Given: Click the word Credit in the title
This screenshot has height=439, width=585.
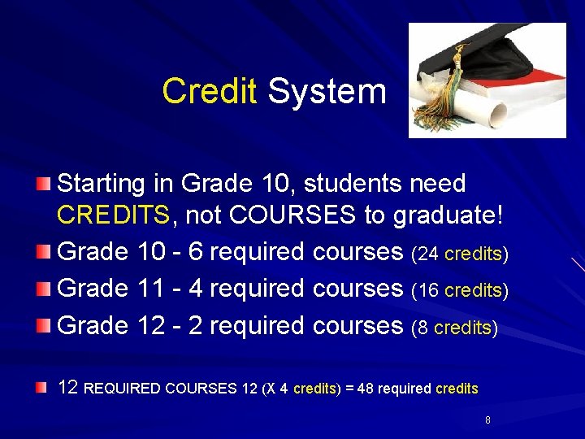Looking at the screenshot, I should tap(209, 91).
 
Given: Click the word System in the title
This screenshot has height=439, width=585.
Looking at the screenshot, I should tap(327, 91).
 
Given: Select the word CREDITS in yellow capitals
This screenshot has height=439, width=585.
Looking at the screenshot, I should tap(113, 216).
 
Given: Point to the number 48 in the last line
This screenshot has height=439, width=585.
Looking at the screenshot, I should tap(366, 389).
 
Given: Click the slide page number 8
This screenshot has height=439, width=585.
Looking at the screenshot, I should tap(487, 420).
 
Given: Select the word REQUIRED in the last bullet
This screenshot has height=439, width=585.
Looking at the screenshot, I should tap(122, 389).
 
